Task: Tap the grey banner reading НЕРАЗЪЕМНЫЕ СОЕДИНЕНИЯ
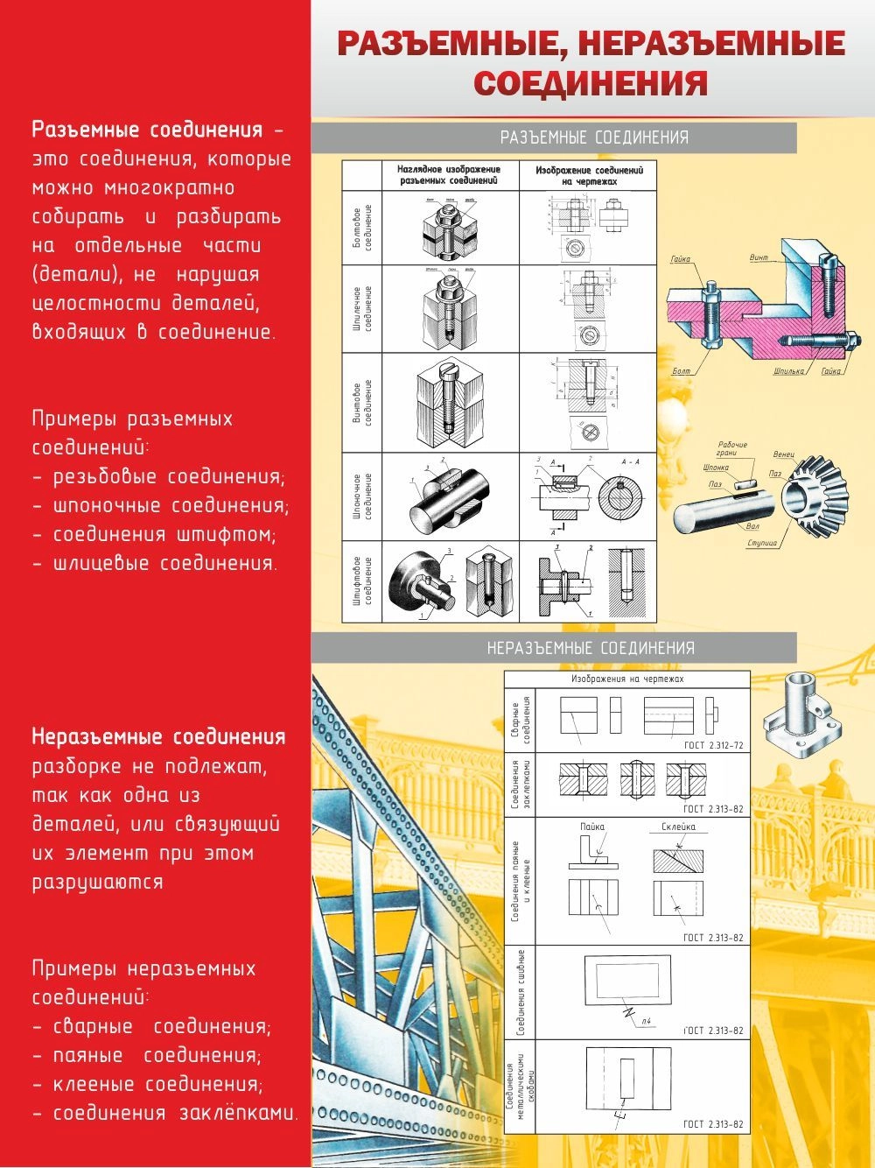(591, 649)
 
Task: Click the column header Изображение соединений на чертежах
(589, 175)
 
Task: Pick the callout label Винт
(759, 258)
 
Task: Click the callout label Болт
(681, 371)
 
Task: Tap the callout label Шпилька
(788, 371)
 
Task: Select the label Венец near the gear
(783, 455)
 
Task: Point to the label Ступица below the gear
(761, 543)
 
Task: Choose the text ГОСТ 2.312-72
(713, 746)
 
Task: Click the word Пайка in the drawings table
(592, 827)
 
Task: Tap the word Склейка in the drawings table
(678, 827)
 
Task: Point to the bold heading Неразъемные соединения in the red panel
(158, 737)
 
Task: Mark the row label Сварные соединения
(521, 721)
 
